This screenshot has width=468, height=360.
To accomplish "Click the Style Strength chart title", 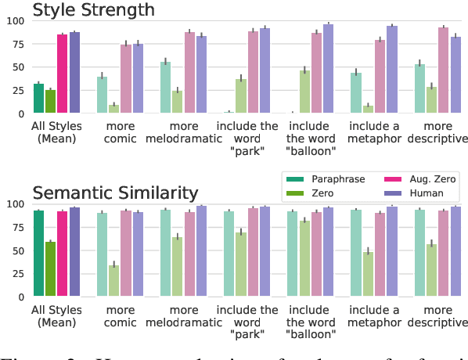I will [x=93, y=10].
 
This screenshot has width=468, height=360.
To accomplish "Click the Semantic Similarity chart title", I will [x=115, y=193].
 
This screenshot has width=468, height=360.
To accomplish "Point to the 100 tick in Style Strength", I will [x=14, y=20].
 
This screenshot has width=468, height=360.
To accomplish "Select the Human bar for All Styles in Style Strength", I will [x=75, y=73].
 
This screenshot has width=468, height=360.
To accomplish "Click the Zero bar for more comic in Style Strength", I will [x=114, y=109].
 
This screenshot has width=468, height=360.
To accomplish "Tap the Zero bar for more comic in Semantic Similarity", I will [x=114, y=281].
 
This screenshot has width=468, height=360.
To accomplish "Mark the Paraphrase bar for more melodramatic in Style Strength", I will [x=165, y=88].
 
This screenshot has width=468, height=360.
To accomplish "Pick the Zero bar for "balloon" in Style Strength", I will [x=304, y=92].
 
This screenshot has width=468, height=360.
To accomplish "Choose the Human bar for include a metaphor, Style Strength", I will [x=392, y=70].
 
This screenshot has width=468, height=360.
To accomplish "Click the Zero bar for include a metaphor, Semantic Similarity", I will [x=368, y=275].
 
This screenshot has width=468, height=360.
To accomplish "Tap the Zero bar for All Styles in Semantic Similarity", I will [x=51, y=269].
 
